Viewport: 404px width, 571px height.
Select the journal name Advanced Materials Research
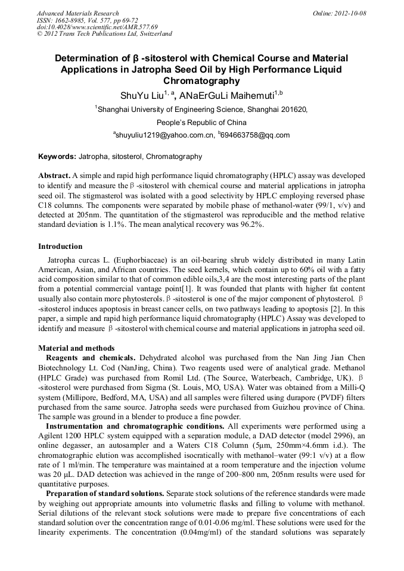click(x=77, y=13)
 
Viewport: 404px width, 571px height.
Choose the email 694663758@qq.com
click(x=255, y=135)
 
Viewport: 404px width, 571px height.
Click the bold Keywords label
click(x=57, y=157)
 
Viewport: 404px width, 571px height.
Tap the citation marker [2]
click(x=335, y=309)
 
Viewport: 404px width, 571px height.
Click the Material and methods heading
click(x=76, y=348)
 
